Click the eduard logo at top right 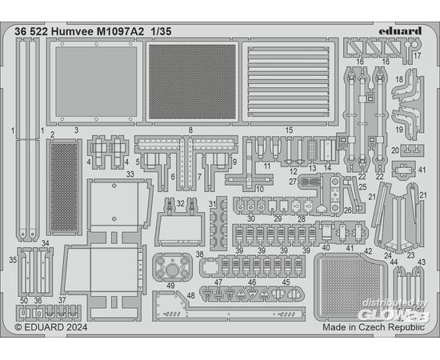(400, 30)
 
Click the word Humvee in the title (72, 31)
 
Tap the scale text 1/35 (161, 31)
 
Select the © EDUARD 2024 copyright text (50, 327)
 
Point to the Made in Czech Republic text (374, 327)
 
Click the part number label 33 (130, 174)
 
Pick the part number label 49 (170, 286)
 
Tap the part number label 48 (191, 295)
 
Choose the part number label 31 (213, 204)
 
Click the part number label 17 (418, 55)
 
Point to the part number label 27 (293, 182)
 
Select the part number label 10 (260, 189)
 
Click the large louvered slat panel (289, 82)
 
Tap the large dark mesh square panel (192, 82)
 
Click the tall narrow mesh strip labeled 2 (64, 187)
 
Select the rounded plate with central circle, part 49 (172, 266)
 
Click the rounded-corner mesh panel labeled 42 (350, 287)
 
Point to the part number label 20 (395, 150)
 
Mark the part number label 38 (199, 254)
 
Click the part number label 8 (191, 130)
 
